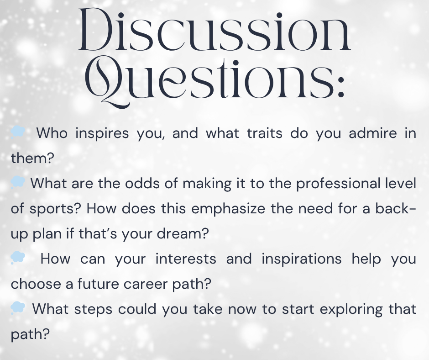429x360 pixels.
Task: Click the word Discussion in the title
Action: [x=214, y=30]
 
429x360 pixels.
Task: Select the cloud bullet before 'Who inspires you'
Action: [x=18, y=132]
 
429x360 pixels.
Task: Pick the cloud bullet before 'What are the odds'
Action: [x=18, y=182]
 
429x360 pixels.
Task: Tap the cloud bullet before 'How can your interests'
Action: [x=18, y=258]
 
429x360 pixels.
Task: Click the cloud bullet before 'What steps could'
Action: [x=18, y=308]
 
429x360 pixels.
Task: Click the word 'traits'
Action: [x=265, y=133]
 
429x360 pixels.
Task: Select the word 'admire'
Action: [x=373, y=133]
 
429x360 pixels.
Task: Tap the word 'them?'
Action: [x=32, y=158]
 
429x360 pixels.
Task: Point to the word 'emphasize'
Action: [x=228, y=209]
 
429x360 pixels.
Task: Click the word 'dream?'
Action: [x=183, y=234]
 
